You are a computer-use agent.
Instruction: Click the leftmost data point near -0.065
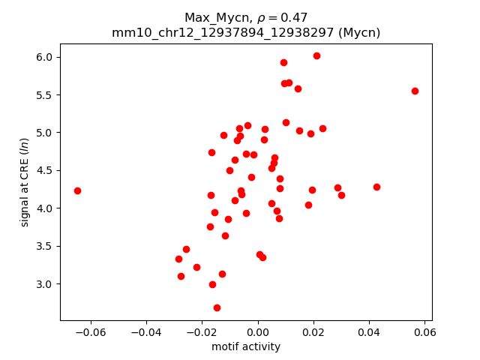click(77, 190)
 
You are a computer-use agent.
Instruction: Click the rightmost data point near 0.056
click(415, 91)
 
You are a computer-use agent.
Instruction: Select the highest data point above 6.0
click(316, 55)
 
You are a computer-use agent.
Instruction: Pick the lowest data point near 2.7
click(217, 307)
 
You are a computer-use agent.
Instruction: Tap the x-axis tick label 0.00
click(258, 331)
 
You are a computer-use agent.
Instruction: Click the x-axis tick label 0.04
click(369, 331)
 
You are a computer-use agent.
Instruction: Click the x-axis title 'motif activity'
click(246, 346)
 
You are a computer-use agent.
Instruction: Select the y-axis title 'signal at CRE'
click(25, 182)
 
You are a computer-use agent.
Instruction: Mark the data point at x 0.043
click(376, 187)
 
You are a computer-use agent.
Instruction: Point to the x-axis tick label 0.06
click(424, 331)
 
